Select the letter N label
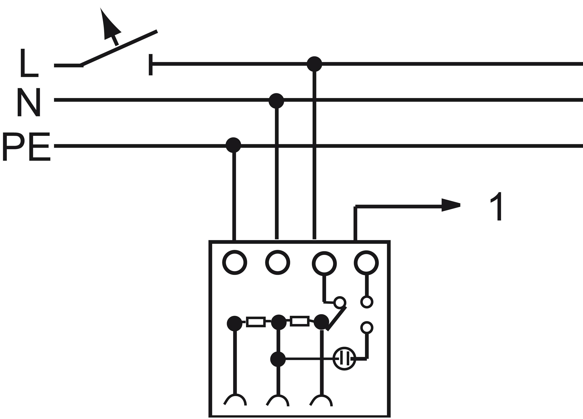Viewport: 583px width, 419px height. coord(29,102)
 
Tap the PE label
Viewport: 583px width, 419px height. coord(26,147)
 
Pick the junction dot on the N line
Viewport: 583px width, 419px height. coord(276,100)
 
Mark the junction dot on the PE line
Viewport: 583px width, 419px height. coord(233,145)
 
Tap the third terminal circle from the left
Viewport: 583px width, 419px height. coord(324,264)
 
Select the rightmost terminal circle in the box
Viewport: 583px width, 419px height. coord(366,263)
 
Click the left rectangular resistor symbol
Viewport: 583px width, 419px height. coord(256,322)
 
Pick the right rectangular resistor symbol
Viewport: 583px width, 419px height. coord(299,321)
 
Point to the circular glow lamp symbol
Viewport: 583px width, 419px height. coord(344,359)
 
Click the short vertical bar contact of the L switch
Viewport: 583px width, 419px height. coord(151,65)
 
